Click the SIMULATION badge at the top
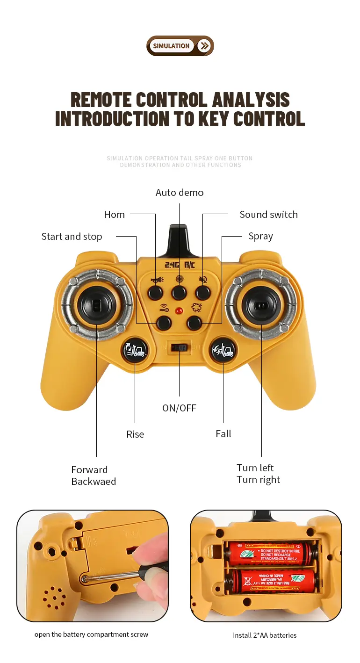[171, 46]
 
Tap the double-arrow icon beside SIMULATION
[204, 46]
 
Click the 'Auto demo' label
[180, 193]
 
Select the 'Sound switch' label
[268, 215]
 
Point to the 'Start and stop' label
[72, 237]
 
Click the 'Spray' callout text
[260, 237]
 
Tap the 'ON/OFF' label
[179, 408]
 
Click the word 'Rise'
[135, 434]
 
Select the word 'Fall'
[223, 434]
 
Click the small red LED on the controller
[179, 310]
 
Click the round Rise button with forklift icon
[135, 350]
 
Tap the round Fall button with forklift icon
[223, 350]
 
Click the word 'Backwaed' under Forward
[94, 482]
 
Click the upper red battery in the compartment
[269, 553]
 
